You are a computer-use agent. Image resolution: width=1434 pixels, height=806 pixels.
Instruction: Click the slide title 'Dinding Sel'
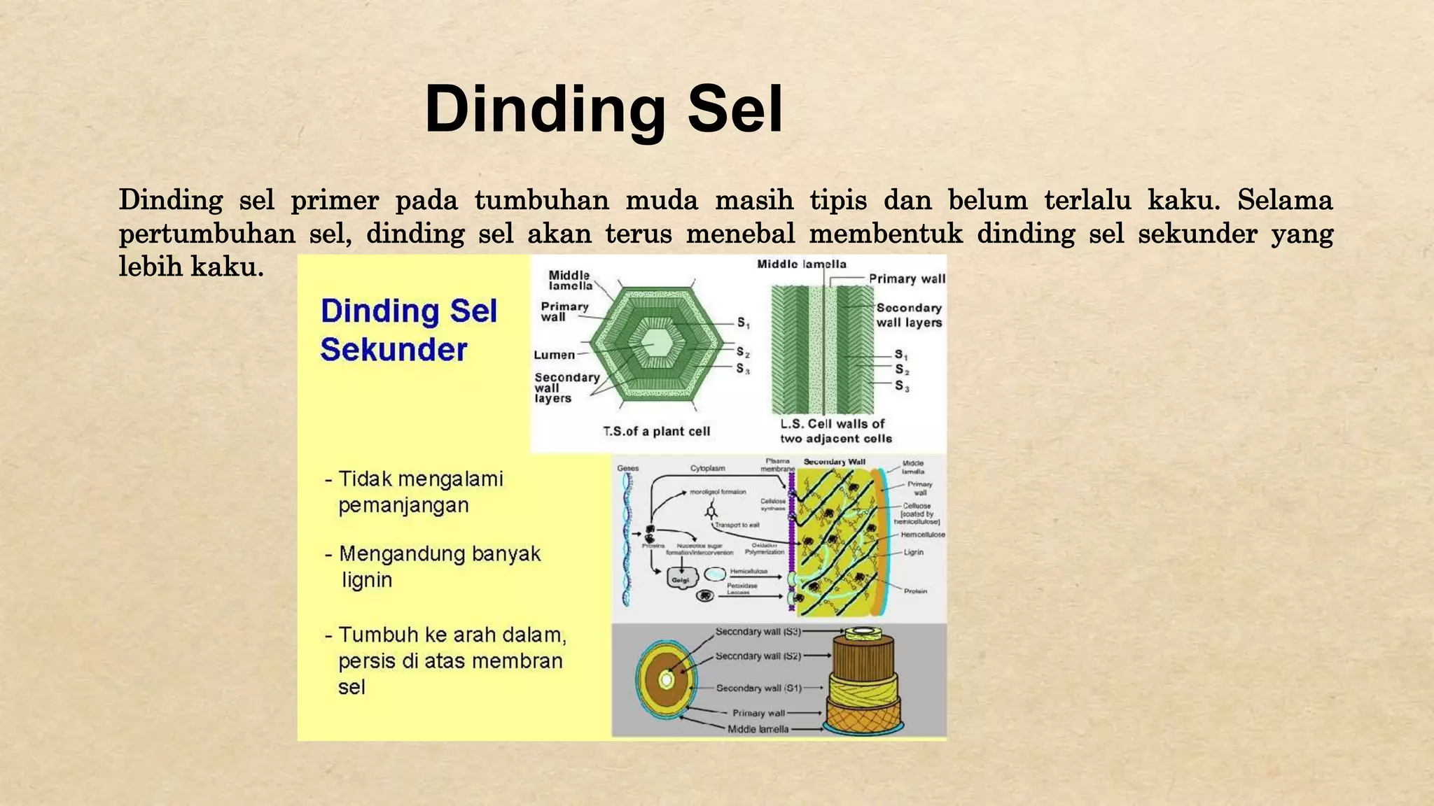click(x=604, y=109)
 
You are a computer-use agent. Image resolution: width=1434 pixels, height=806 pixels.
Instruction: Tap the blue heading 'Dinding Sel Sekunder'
click(x=408, y=330)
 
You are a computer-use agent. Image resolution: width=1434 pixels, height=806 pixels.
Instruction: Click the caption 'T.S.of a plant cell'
click(x=656, y=432)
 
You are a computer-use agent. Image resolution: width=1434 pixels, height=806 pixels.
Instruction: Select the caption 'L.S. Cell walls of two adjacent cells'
click(x=835, y=431)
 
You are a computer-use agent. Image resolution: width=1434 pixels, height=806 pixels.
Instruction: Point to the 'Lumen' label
click(x=554, y=355)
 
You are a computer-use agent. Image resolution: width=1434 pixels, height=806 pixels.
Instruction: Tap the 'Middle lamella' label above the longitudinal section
click(x=801, y=264)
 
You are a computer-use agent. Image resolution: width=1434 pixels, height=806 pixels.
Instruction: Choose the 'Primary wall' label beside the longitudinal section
click(x=907, y=278)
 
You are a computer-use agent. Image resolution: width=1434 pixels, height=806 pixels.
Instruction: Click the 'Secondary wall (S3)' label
click(x=758, y=631)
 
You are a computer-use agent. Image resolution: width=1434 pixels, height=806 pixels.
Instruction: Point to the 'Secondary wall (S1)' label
click(x=758, y=688)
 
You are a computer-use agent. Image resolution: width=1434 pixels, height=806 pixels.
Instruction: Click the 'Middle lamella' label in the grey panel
click(x=758, y=729)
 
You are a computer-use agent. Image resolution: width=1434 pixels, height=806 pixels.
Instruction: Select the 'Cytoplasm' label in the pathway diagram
click(x=707, y=468)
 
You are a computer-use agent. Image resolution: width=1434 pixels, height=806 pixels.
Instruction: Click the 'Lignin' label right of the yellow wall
click(x=913, y=552)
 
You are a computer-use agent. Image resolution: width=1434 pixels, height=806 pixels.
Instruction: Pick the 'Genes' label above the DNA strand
click(x=627, y=468)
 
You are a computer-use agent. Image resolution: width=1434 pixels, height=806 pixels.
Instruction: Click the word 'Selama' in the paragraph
click(x=1284, y=200)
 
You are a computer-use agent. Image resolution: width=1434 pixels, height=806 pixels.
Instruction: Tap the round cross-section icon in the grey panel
click(x=667, y=679)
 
